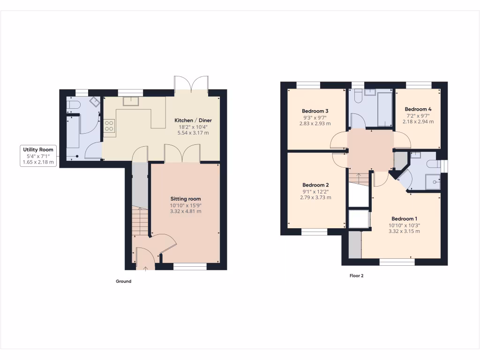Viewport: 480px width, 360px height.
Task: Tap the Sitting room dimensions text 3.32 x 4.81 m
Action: [186, 211]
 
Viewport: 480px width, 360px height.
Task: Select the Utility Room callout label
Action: [38, 150]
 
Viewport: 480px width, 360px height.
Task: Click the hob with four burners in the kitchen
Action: [109, 126]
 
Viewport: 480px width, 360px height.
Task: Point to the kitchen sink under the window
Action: [129, 101]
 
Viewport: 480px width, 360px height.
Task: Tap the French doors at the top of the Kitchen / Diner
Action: [191, 84]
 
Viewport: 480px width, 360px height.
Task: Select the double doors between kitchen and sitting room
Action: [182, 154]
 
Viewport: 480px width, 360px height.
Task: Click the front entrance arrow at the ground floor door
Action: [145, 268]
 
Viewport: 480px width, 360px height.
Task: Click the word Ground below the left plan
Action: [124, 282]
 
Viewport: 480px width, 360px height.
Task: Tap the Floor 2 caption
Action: [356, 276]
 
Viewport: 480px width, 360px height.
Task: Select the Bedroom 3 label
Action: [315, 111]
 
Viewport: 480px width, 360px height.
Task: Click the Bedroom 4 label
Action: [418, 109]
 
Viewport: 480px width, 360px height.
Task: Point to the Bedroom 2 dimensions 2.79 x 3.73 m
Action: [315, 198]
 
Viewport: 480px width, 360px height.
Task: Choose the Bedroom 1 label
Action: [405, 219]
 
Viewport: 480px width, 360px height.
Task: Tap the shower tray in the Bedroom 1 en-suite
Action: [433, 181]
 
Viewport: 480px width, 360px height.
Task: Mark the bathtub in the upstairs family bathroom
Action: [385, 109]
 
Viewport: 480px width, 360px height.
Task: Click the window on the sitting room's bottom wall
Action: [189, 267]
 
